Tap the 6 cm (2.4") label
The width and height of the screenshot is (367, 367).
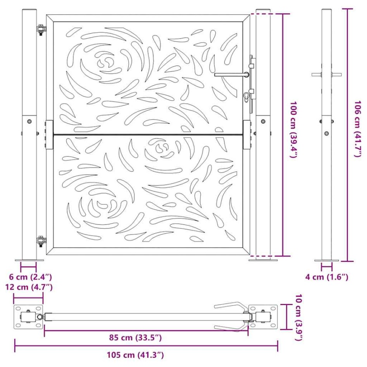coord(29,277)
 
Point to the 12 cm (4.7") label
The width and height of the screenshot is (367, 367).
coord(29,287)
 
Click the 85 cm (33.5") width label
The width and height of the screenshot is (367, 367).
coord(135,338)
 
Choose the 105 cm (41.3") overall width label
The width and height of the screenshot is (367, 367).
coord(135,355)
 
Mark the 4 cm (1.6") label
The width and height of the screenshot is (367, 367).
coord(326,277)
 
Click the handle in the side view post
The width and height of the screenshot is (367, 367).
coord(326,74)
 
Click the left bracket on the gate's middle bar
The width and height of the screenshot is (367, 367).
coord(49,134)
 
